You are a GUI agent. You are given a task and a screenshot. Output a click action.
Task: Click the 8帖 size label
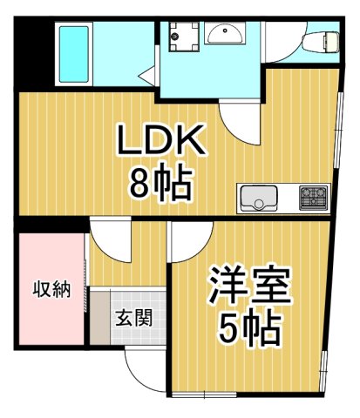click(x=161, y=183)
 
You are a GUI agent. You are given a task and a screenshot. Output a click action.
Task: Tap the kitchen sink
click(x=259, y=197)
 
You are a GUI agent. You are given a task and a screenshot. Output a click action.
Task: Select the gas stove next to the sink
click(x=313, y=197)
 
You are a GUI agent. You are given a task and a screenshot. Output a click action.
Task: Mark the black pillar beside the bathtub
click(x=28, y=52)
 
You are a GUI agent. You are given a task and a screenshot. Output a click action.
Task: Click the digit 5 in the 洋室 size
click(x=228, y=329)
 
